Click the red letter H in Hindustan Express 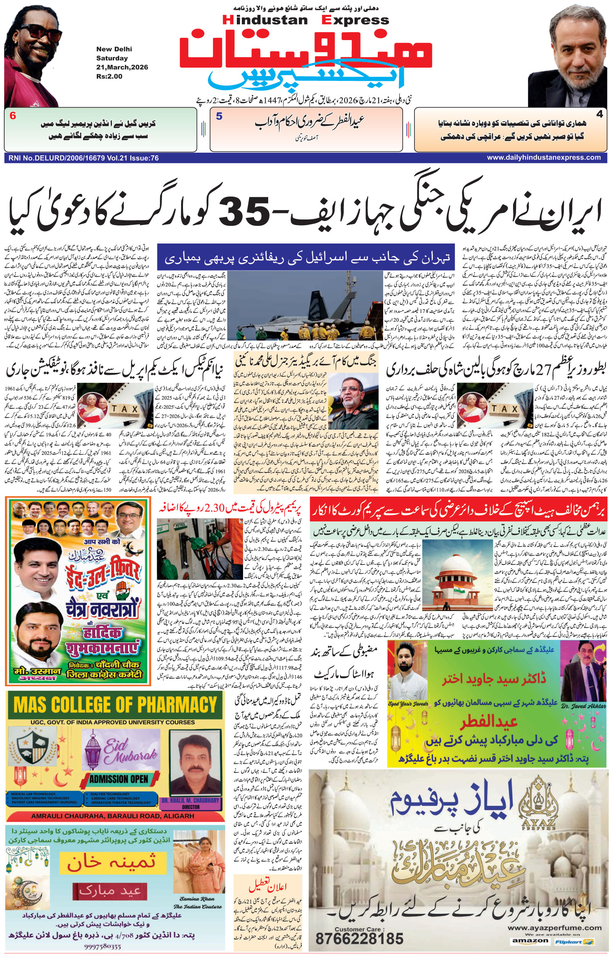pyautogui.click(x=228, y=20)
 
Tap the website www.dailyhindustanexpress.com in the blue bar pyautogui.click(x=544, y=158)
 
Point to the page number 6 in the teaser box pyautogui.click(x=13, y=116)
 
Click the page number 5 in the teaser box pyautogui.click(x=219, y=116)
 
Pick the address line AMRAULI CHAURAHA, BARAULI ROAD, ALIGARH pyautogui.click(x=113, y=816)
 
